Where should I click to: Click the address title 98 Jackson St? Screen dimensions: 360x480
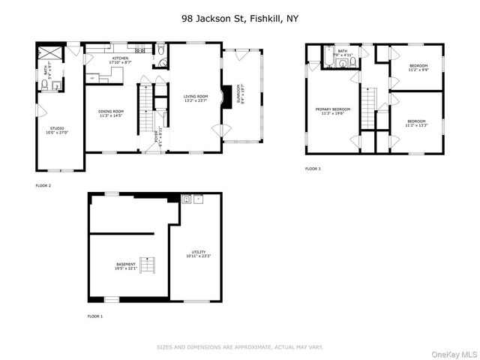239,17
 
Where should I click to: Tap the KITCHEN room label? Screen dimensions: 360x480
121,60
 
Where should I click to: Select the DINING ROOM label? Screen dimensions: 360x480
110,113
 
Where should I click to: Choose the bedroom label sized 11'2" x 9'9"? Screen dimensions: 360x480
417,69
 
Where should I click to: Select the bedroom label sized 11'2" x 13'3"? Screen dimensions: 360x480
416,123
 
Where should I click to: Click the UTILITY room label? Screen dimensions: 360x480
199,253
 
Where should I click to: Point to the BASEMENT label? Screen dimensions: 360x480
126,265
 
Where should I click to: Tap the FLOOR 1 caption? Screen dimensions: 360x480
95,316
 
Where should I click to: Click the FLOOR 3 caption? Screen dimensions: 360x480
313,169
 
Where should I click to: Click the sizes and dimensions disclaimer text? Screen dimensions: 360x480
239,347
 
